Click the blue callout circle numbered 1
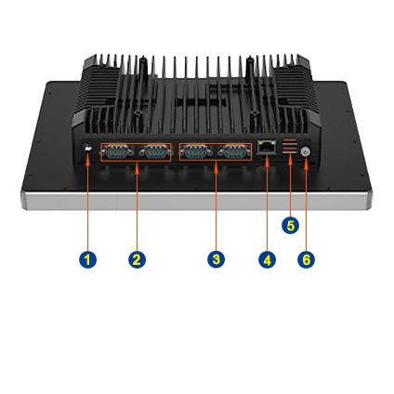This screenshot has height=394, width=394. point(87,259)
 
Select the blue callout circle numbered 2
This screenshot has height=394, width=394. point(137,259)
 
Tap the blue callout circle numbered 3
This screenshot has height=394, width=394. point(216,259)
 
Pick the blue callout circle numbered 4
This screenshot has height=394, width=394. point(267,259)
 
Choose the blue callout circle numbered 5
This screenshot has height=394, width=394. point(290,225)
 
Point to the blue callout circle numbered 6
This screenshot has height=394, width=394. point(306,259)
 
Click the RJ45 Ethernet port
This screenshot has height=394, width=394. point(267,147)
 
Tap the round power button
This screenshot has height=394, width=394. point(306,151)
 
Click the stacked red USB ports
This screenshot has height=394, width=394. point(290,146)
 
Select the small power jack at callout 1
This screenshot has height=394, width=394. point(87,148)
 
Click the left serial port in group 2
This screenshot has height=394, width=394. point(116,152)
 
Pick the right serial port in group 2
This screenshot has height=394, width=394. point(155,152)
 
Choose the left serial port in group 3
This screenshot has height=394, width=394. point(196,152)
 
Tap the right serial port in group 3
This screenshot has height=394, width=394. point(235,152)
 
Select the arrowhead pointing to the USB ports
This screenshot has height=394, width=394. point(290,160)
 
